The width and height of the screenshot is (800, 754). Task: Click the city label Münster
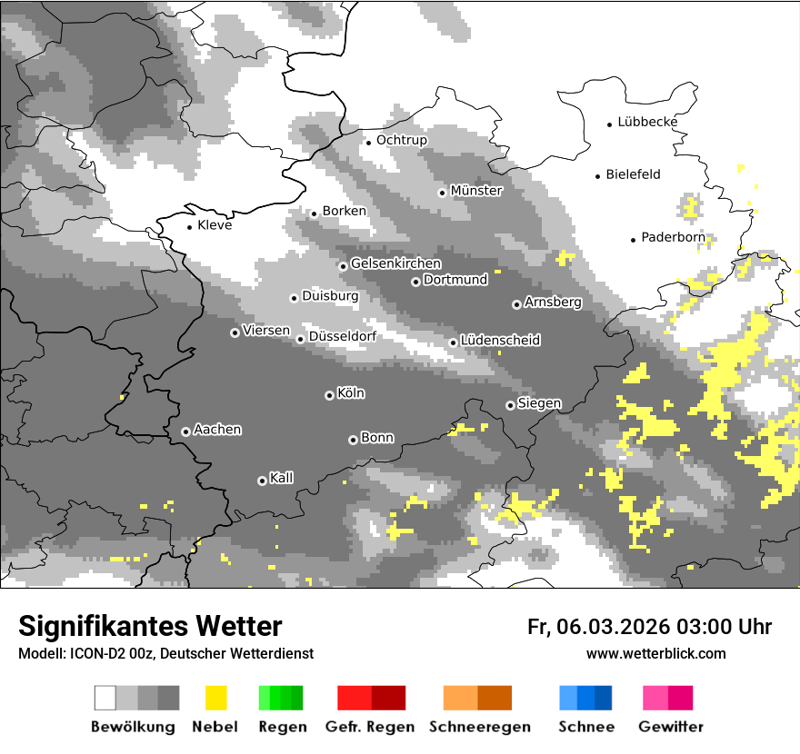(475, 191)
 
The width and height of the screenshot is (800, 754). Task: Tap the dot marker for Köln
(329, 395)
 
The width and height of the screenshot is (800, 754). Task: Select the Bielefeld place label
(633, 174)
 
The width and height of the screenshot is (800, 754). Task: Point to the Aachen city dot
(185, 432)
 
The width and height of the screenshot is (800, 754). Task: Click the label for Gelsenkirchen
(395, 263)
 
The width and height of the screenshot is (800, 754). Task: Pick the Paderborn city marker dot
(634, 240)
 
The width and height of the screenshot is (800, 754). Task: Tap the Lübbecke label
(647, 122)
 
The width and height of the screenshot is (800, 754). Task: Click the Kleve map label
(215, 225)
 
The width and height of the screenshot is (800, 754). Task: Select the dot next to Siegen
(510, 405)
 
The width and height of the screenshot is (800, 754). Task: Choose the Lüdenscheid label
(500, 341)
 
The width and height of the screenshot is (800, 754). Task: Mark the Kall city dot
(262, 481)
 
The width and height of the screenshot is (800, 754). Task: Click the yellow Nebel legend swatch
(215, 698)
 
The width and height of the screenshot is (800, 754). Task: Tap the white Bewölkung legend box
(105, 698)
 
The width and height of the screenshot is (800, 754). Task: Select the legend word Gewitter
(670, 727)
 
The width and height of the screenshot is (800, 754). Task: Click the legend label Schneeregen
(479, 727)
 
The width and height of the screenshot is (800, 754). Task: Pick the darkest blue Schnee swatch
(604, 698)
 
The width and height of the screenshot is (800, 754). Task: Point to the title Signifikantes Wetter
(150, 626)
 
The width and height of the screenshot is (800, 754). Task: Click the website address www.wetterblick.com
(655, 653)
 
